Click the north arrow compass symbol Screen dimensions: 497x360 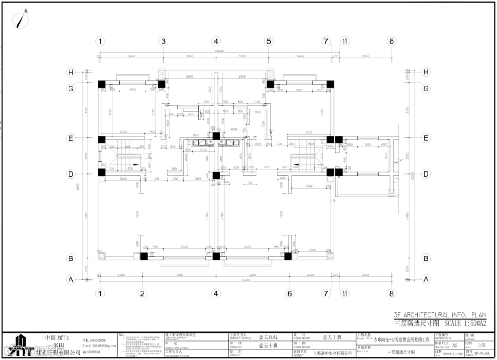point(21,19)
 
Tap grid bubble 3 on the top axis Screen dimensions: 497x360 point(163,41)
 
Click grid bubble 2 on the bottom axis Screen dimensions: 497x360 point(143,294)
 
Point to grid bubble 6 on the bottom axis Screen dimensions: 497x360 point(290,294)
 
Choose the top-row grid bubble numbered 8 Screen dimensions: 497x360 point(392,41)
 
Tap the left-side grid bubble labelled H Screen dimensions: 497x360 point(71,72)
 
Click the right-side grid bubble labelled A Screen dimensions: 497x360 point(426,279)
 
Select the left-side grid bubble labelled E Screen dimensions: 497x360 point(71,138)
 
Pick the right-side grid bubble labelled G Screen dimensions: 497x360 point(426,88)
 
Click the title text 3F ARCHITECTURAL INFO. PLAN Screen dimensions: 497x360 point(439,315)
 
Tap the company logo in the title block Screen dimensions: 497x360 point(21,345)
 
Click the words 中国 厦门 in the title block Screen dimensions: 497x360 point(55,337)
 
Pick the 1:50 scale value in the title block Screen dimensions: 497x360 point(482,345)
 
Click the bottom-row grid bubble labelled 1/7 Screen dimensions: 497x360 point(345,294)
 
